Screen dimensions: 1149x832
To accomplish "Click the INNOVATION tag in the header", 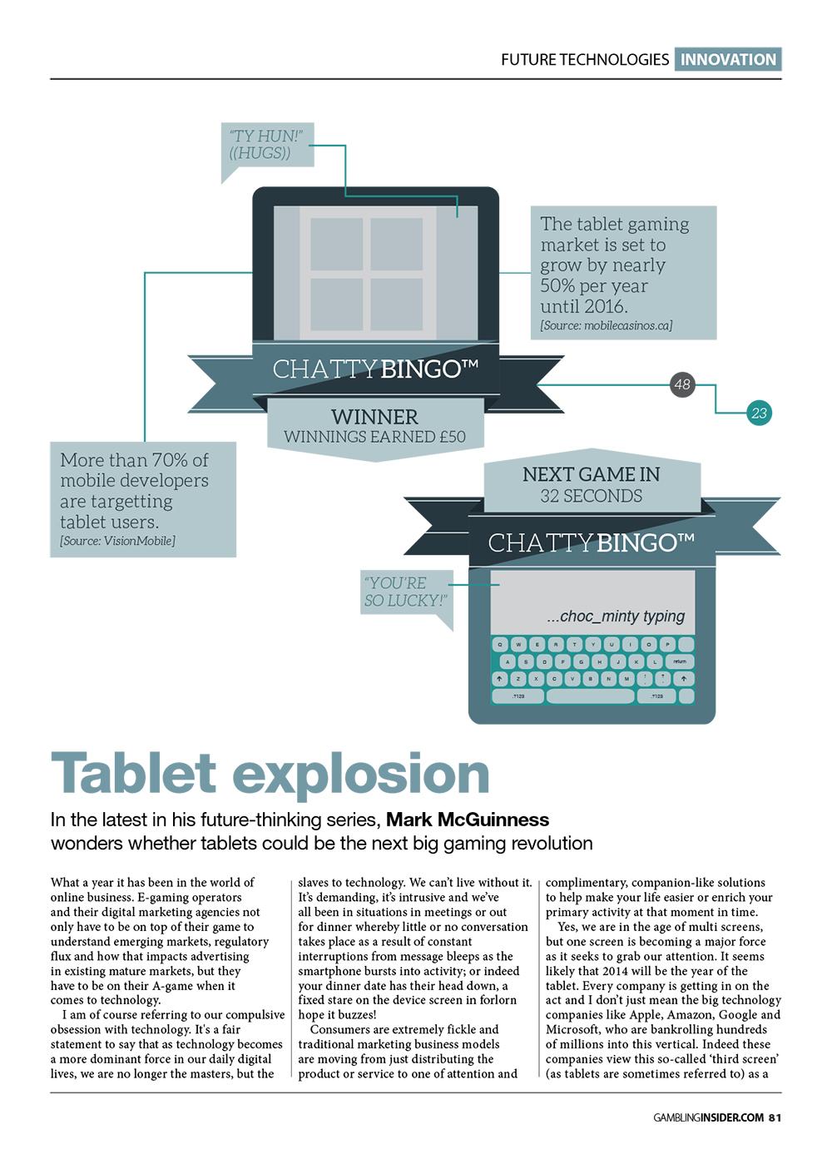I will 728,60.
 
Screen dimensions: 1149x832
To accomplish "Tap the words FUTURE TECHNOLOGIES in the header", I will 584,60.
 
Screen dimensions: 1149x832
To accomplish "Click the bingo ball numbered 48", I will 682,384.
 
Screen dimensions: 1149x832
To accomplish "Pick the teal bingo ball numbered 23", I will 758,413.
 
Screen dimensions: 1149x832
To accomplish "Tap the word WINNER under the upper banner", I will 374,417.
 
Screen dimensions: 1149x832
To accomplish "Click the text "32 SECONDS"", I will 591,497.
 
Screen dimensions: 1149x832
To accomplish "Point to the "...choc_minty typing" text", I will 616,617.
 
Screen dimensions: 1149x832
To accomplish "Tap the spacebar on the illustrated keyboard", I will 590,696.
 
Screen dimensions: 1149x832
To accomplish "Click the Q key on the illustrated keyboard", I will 500,645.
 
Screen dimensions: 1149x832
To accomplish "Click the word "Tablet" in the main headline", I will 133,774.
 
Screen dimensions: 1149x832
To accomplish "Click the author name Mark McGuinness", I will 468,820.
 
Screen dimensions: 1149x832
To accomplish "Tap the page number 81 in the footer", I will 774,1117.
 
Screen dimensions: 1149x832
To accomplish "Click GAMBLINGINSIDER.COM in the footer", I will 708,1117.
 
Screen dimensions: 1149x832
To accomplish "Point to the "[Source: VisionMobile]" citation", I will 117,542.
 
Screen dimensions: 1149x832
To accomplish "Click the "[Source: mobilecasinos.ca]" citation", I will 606,325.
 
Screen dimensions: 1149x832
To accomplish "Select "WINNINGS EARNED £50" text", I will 374,437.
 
